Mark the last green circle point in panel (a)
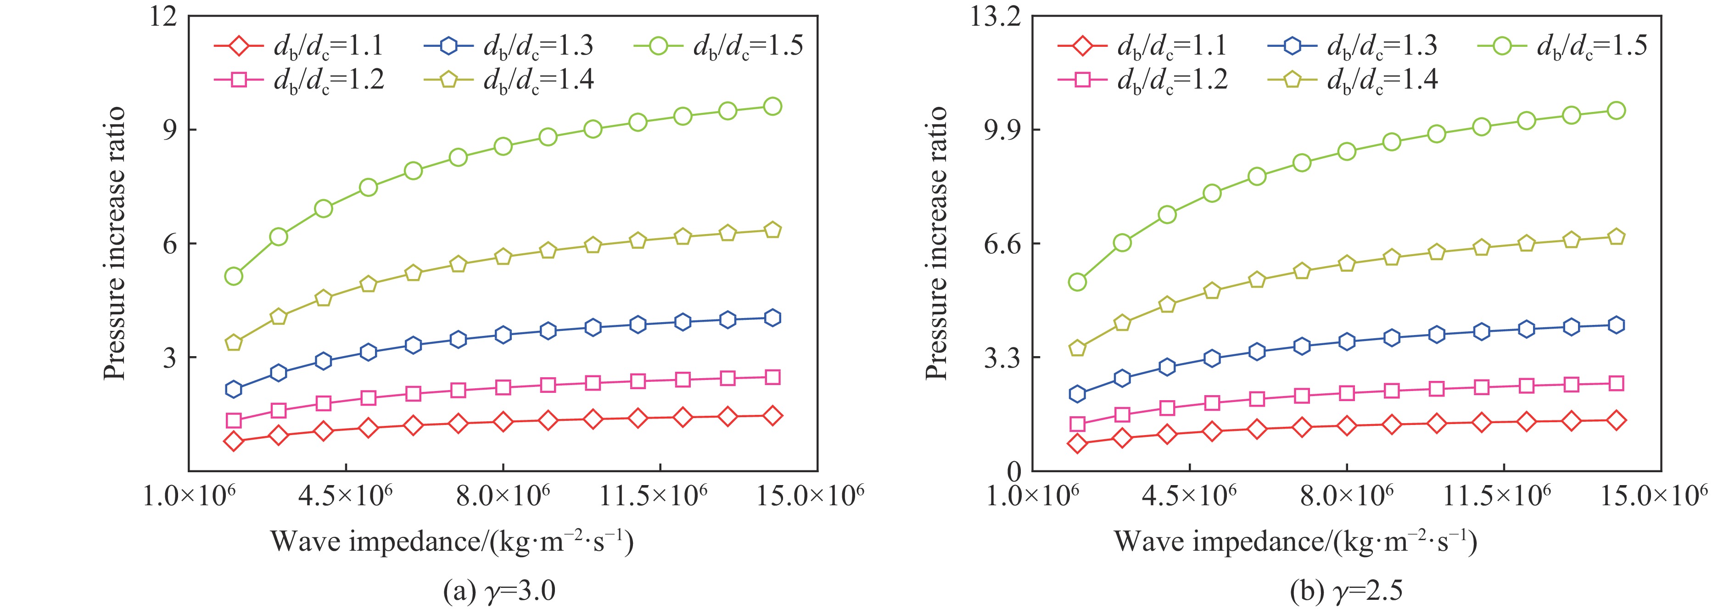coord(772,106)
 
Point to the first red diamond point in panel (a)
coord(234,441)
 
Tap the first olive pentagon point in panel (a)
coord(234,343)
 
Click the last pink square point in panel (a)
coord(772,377)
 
